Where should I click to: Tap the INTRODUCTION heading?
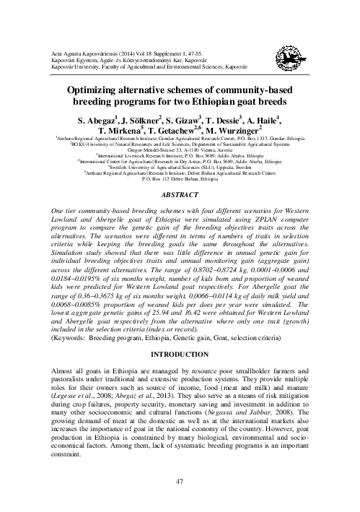pos(180,356)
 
